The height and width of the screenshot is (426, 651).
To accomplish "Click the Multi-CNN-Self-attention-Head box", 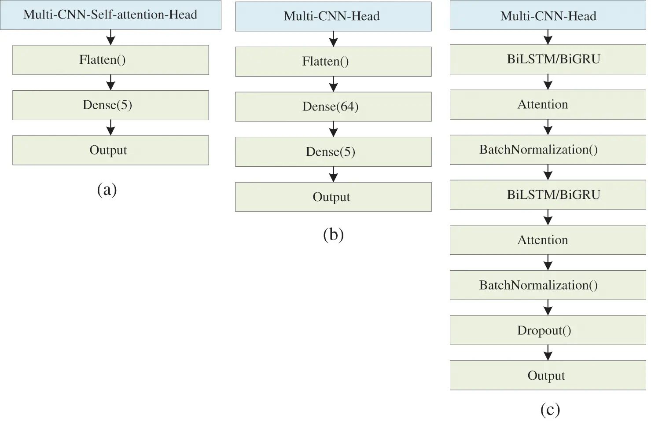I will tap(110, 15).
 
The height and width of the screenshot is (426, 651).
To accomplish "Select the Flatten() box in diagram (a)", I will tap(110, 60).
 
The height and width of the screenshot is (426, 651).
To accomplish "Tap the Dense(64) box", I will tap(333, 106).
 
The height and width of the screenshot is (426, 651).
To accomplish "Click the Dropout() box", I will tap(548, 330).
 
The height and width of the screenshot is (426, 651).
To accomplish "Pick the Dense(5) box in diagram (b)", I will tap(333, 152).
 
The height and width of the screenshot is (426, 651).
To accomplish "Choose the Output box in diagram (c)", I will tap(548, 375).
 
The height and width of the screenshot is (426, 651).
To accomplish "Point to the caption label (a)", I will tap(107, 190).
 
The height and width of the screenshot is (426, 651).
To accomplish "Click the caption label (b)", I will tap(333, 235).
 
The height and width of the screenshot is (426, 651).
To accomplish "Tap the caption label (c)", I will tap(550, 410).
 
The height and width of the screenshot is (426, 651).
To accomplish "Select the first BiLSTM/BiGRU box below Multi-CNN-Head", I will tap(548, 59).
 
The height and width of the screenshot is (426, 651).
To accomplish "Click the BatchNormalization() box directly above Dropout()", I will tap(548, 285).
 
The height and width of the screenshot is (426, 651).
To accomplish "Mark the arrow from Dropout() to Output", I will tap(548, 353).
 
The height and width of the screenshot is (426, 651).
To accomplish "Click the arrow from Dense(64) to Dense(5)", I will tap(333, 129).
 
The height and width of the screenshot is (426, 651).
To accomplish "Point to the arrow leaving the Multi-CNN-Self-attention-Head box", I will tap(110, 37).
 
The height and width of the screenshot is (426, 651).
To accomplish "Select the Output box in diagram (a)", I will tap(110, 150).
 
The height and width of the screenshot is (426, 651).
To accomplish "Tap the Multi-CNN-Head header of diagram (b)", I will tap(333, 16).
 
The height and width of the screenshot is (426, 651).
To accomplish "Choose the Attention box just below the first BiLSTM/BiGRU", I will tap(548, 104).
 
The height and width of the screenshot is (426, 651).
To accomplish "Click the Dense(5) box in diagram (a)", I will tap(110, 105).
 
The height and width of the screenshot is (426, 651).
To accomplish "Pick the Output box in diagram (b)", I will tap(333, 197).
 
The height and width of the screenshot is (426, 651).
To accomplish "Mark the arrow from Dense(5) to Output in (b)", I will tap(333, 174).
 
